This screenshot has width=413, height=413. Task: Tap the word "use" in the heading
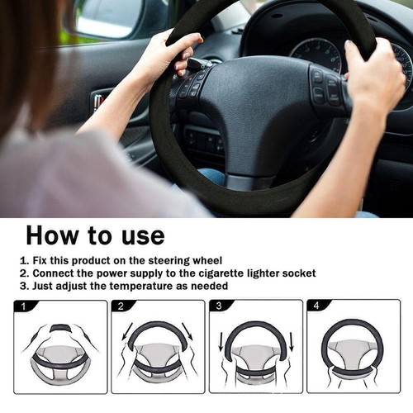[x=139, y=235]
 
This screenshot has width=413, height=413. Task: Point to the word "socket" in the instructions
[x=297, y=273]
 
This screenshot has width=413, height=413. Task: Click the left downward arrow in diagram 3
[x=221, y=340]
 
